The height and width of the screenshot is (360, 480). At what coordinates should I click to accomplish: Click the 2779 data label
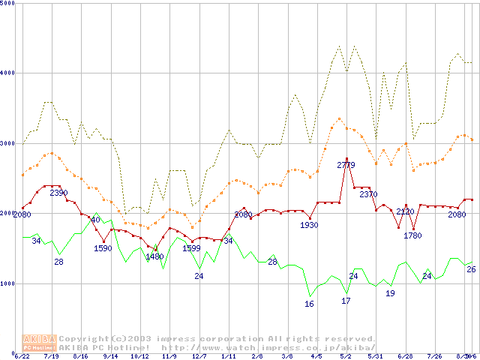coord(346,165)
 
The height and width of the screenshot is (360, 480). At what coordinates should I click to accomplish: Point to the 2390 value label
coord(58,193)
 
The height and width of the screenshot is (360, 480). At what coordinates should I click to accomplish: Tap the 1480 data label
coord(154,256)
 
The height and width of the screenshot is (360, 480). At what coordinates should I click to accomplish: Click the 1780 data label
coord(412,235)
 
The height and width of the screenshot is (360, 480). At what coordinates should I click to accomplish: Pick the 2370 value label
coord(368,194)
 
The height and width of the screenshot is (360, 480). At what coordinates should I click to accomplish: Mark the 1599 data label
coord(191,248)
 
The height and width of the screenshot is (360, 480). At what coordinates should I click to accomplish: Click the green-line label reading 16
coord(309,304)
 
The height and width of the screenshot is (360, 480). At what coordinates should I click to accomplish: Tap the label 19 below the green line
coord(390,293)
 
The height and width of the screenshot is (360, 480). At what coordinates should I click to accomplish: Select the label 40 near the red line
coord(95,220)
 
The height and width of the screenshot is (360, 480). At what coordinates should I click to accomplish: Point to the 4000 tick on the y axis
coord(8,73)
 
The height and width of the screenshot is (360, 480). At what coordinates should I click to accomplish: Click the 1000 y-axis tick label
coord(8,283)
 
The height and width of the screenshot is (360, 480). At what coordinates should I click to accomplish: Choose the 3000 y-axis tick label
coord(8,143)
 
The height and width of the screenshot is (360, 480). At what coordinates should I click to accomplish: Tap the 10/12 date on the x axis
coord(139,356)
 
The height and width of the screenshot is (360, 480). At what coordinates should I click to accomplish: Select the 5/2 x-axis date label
coord(346,356)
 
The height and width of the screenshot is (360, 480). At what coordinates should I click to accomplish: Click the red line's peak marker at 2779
coord(346,159)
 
